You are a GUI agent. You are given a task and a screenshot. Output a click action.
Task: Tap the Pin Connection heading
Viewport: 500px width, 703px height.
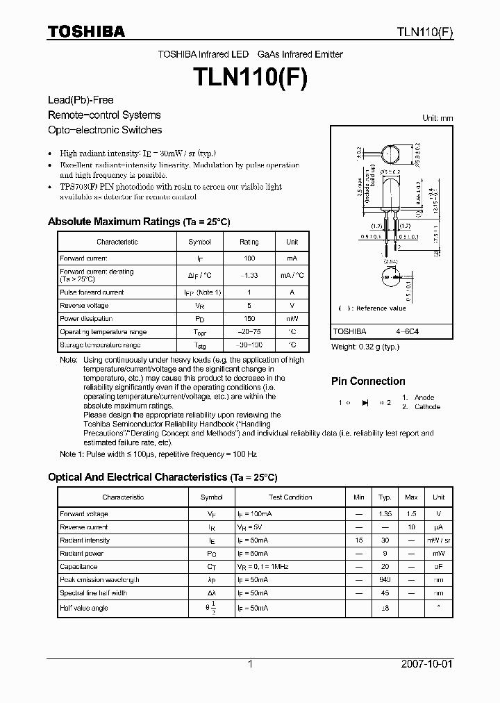point(368,381)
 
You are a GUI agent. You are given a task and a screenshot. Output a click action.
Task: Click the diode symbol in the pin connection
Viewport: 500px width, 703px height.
point(365,403)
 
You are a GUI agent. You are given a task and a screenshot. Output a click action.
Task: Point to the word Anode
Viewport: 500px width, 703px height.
point(424,398)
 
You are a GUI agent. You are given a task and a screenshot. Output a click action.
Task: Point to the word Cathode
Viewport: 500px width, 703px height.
point(427,407)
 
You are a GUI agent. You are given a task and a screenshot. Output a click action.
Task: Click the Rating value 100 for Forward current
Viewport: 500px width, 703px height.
point(249,258)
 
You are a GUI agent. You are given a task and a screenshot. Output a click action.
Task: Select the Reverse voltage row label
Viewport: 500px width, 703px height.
point(84,306)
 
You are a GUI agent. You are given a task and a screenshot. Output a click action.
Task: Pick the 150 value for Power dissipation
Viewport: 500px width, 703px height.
point(249,319)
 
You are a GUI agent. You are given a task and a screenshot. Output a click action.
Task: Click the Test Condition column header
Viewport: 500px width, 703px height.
point(290,497)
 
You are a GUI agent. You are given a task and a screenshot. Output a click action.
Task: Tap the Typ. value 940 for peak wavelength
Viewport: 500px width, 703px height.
point(385,580)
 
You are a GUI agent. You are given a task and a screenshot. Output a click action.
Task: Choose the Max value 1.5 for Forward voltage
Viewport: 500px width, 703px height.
point(411,514)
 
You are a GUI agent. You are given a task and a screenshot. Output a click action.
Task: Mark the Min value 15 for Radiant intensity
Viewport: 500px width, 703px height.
point(358,540)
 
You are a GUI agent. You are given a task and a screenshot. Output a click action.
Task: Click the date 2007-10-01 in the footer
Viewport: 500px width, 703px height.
point(426,664)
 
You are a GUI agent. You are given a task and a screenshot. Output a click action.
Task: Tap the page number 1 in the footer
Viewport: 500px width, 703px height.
point(250,664)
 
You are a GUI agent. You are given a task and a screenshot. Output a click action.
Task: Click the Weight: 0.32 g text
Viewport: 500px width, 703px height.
point(365,347)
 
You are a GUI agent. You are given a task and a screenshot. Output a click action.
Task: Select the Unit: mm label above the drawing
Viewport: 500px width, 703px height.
point(437,118)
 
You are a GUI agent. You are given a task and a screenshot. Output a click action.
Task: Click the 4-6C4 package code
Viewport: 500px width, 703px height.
point(407,332)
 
